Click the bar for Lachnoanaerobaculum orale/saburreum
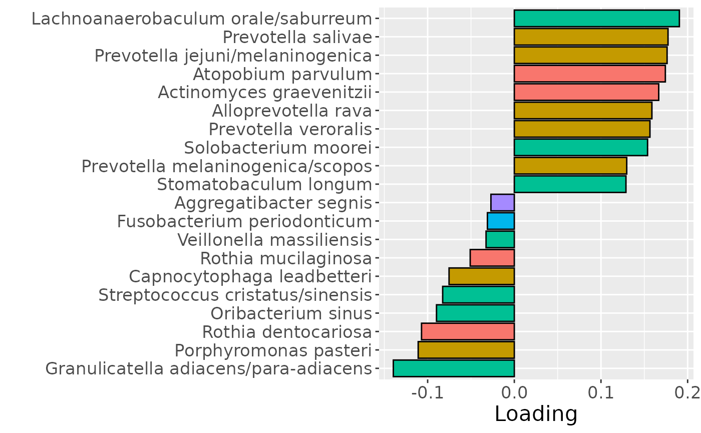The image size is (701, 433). [x=596, y=19]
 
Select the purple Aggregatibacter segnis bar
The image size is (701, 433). [x=502, y=203]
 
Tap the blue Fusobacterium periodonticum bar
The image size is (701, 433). [x=501, y=221]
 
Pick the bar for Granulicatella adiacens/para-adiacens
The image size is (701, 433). [x=454, y=368]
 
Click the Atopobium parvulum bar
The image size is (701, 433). [x=589, y=74]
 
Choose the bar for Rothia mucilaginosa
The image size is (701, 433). [x=492, y=258]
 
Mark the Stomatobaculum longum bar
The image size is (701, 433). [x=570, y=184]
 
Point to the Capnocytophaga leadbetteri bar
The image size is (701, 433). [x=482, y=276]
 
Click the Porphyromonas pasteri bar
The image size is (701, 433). [x=466, y=350]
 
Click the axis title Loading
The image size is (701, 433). [x=536, y=414]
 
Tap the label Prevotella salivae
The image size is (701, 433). [x=297, y=37]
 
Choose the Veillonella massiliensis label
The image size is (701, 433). [x=275, y=240]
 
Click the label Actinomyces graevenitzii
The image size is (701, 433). [x=265, y=93]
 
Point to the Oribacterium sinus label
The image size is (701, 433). [x=291, y=313]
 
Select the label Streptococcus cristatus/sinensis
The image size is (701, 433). [x=235, y=295]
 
